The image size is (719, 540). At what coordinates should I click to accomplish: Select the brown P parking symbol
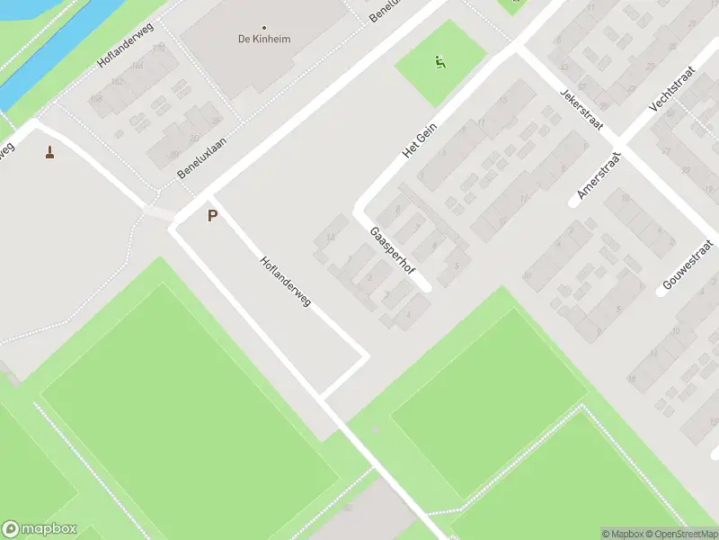pos(213,216)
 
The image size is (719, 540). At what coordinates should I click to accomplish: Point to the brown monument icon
pos(49,152)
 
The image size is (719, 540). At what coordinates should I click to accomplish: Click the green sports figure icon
pos(439,63)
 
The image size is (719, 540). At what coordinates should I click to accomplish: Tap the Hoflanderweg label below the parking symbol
pos(285,283)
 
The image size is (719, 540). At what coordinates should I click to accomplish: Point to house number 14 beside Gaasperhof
pos(331,238)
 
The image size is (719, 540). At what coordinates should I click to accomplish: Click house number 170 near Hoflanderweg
pos(159,47)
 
